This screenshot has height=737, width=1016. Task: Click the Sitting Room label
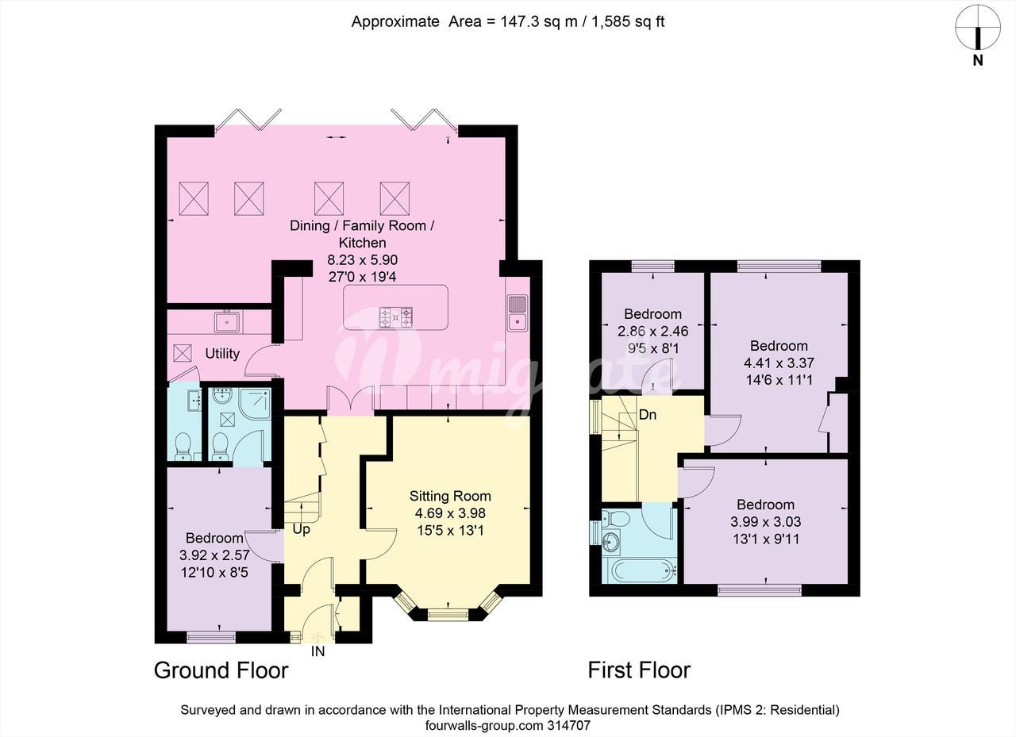pyautogui.click(x=450, y=496)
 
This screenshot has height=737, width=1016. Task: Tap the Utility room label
pyautogui.click(x=222, y=354)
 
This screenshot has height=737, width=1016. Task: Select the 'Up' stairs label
pyautogui.click(x=301, y=529)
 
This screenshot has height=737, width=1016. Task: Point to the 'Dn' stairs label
pyautogui.click(x=647, y=414)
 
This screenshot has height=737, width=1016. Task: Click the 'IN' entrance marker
pyautogui.click(x=317, y=651)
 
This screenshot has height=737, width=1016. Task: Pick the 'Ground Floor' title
pyautogui.click(x=221, y=670)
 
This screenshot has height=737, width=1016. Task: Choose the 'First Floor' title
pyautogui.click(x=639, y=670)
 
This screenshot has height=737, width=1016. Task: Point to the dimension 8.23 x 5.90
pyautogui.click(x=363, y=259)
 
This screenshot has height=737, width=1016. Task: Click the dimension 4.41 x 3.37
pyautogui.click(x=779, y=363)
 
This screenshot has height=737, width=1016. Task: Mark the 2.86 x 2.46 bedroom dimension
pyautogui.click(x=652, y=331)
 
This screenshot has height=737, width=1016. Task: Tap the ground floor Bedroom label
pyautogui.click(x=214, y=538)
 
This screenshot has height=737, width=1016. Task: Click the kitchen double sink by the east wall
pyautogui.click(x=517, y=313)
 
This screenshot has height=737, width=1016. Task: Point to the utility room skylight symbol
pyautogui.click(x=183, y=353)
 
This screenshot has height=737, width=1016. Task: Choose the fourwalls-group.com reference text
pyautogui.click(x=507, y=726)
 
